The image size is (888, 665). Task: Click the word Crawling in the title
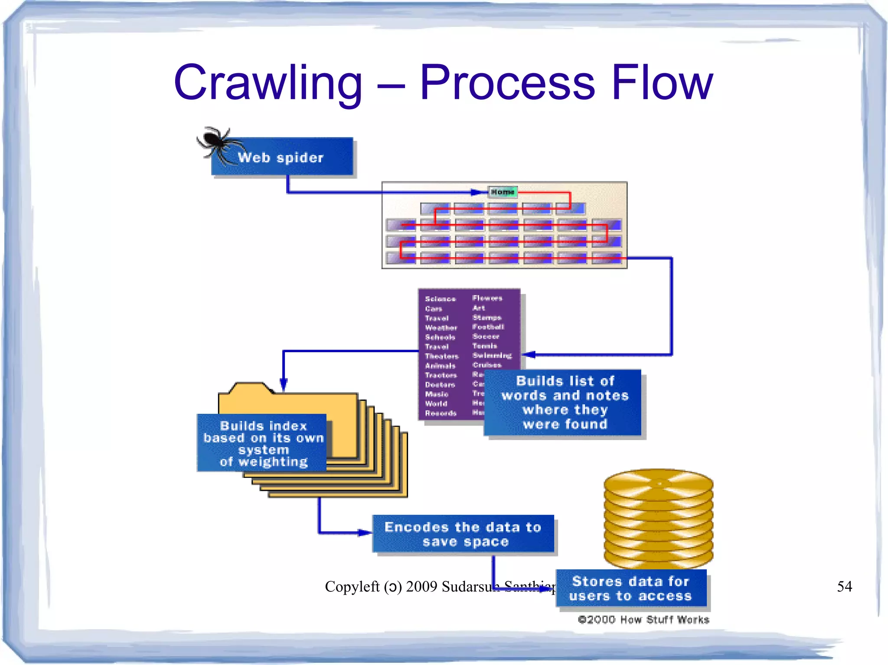[x=268, y=82]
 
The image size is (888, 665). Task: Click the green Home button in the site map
[x=502, y=191]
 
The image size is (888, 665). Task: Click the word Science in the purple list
[x=440, y=299]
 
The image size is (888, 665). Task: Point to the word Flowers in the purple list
[x=487, y=298]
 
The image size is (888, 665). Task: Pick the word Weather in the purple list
[x=441, y=328]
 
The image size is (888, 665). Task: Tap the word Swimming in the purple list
[x=492, y=356]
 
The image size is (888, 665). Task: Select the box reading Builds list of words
[x=564, y=402]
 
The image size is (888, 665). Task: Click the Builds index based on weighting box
[x=263, y=443]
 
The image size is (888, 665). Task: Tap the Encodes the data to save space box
[x=463, y=534]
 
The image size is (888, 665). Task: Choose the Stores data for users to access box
[x=630, y=588]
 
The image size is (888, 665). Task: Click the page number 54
[x=844, y=586]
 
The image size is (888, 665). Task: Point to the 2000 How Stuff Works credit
[x=643, y=620]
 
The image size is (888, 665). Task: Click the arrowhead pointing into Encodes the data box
[x=365, y=532]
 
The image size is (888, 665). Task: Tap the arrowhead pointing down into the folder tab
[x=284, y=385]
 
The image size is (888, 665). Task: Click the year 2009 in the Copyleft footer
[x=421, y=586]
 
